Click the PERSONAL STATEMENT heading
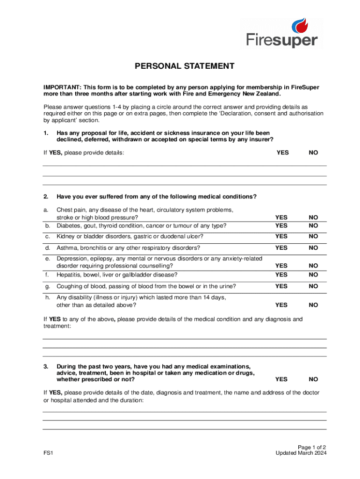click(x=185, y=66)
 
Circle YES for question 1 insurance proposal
click(x=282, y=152)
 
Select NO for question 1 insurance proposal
click(x=313, y=152)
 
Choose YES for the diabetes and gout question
click(x=281, y=225)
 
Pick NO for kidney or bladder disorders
click(x=313, y=236)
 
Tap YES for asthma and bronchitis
click(x=281, y=247)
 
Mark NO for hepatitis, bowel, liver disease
click(x=313, y=275)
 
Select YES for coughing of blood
click(x=281, y=286)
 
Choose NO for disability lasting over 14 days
click(x=313, y=305)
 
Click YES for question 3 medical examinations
click(x=281, y=379)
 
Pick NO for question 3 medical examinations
click(x=313, y=379)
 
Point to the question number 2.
click(x=46, y=196)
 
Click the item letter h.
click(x=47, y=297)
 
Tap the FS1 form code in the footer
click(x=48, y=453)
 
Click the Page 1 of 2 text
click(x=312, y=447)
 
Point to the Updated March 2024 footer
click(x=301, y=453)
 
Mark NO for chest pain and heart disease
click(x=313, y=218)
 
